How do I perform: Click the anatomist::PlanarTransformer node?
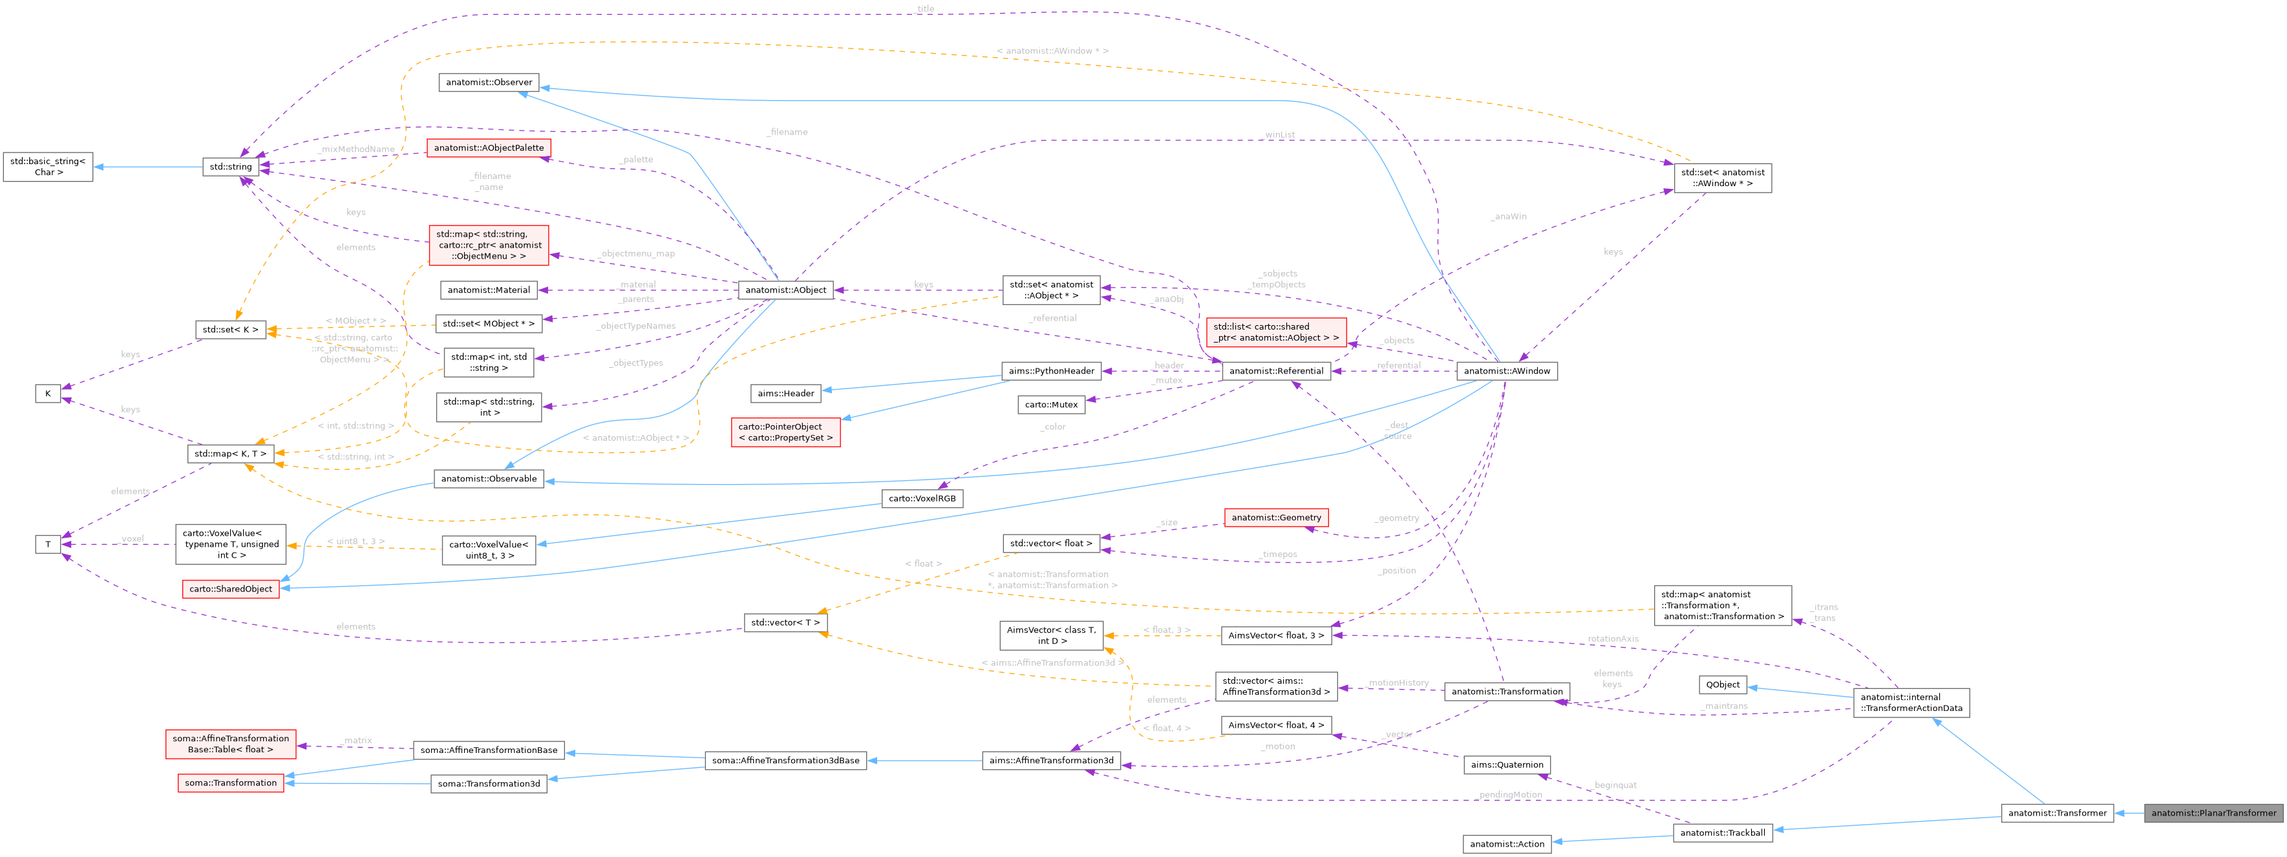(x=2213, y=812)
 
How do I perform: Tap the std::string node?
(x=230, y=167)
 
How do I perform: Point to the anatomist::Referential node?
(x=1276, y=371)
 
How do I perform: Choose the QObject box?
(x=1722, y=684)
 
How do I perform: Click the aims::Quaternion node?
(x=1507, y=765)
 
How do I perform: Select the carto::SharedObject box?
(x=231, y=589)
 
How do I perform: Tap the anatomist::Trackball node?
(x=1722, y=833)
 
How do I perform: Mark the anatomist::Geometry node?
(x=1276, y=518)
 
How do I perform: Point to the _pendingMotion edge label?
(x=1509, y=795)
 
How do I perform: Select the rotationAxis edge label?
(x=1612, y=639)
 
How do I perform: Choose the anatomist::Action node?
(x=1507, y=843)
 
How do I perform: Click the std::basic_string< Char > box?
(x=48, y=167)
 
